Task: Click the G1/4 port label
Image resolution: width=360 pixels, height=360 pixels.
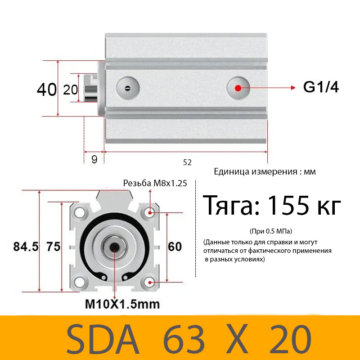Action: point(320,87)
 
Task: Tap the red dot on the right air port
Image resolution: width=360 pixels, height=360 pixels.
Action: point(238,87)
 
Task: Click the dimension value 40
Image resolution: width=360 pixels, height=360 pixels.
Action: point(46,90)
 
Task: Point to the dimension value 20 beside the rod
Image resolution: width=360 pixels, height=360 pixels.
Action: point(70,90)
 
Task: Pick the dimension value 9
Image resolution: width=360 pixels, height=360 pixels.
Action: point(94,159)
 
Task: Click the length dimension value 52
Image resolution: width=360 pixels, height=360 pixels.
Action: point(187,162)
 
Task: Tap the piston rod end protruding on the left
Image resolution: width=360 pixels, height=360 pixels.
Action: point(90,88)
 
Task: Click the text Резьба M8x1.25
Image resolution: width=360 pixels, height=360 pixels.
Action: point(155,183)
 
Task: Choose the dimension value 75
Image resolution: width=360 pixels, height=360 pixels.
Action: point(53,247)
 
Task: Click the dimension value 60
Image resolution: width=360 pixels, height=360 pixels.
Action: point(175,247)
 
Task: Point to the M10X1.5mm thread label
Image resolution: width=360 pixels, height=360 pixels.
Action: point(122,304)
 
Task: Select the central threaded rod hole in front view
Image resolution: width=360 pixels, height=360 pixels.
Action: point(114,247)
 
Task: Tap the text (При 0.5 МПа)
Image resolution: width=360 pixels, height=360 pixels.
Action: point(270,231)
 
